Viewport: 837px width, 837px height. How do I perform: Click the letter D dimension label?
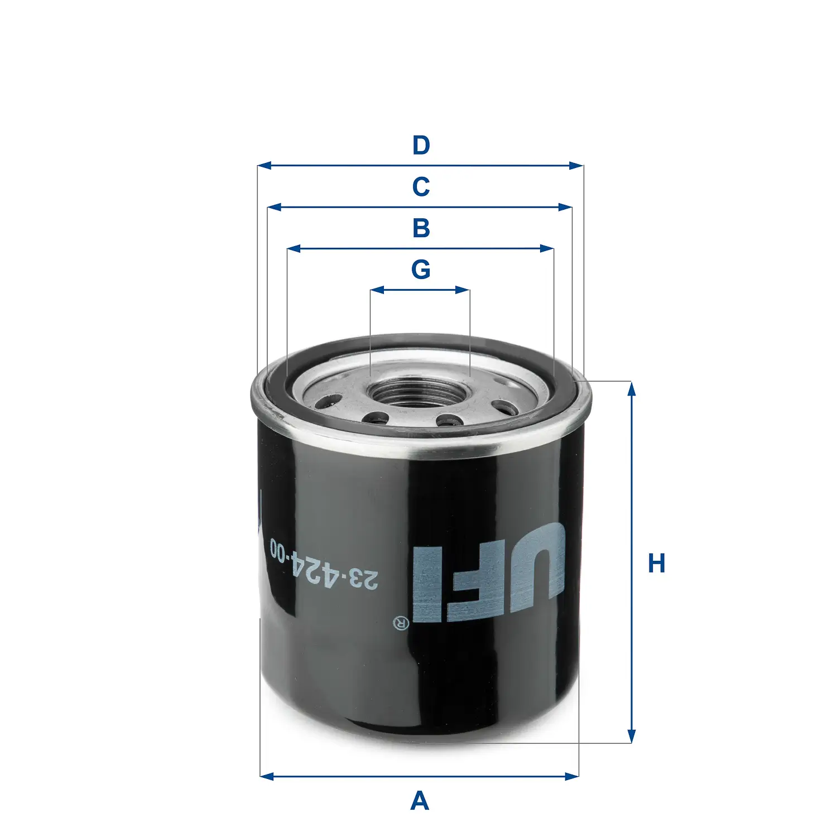pyautogui.click(x=421, y=146)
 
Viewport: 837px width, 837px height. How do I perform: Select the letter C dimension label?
pyautogui.click(x=421, y=187)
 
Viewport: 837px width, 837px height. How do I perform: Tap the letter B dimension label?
pyautogui.click(x=421, y=228)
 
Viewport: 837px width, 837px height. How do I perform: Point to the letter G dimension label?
pyautogui.click(x=421, y=270)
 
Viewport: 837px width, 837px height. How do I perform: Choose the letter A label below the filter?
pyautogui.click(x=420, y=801)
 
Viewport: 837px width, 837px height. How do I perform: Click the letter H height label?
pyautogui.click(x=656, y=564)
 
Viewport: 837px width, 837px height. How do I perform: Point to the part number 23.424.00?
pyautogui.click(x=324, y=564)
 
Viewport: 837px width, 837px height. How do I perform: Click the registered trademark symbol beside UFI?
pyautogui.click(x=401, y=623)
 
